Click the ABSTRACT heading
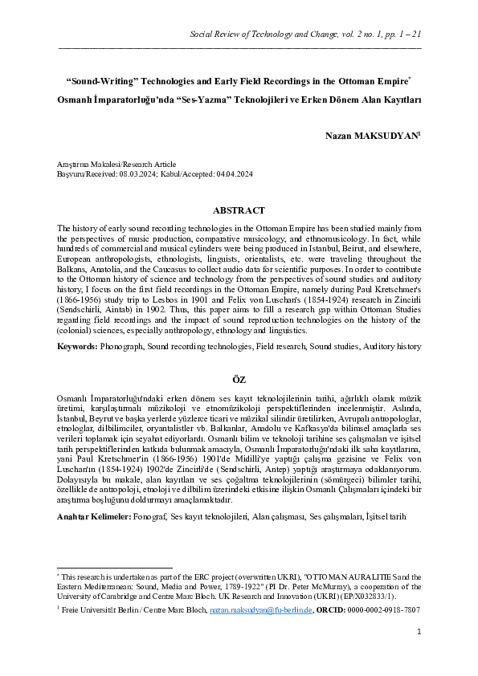[x=239, y=210]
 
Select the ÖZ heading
[x=239, y=378]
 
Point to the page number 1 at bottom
[x=419, y=655]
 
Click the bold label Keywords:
[x=77, y=346]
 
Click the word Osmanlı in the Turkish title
[x=76, y=100]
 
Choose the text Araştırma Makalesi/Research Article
[x=116, y=164]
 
